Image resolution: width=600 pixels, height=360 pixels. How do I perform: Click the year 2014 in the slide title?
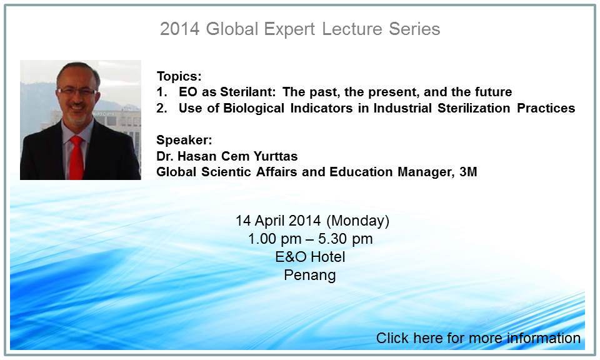(x=179, y=29)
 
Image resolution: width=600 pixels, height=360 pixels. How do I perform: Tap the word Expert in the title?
(x=289, y=29)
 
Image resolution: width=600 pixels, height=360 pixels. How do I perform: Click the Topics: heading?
(x=179, y=76)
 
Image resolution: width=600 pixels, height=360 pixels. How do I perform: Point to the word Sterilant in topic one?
(x=248, y=92)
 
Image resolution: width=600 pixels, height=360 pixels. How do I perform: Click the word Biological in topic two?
(x=254, y=108)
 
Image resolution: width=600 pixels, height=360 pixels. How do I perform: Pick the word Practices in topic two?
(x=546, y=108)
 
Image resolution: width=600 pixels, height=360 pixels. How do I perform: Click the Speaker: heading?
(x=184, y=140)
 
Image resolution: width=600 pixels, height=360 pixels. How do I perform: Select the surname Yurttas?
(x=276, y=156)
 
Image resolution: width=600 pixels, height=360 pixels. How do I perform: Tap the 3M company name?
(x=468, y=172)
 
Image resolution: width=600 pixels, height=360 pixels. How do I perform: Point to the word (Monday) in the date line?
(x=357, y=221)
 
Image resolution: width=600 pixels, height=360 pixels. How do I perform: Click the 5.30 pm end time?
(x=345, y=239)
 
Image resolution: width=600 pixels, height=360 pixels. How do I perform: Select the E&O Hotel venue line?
(x=310, y=257)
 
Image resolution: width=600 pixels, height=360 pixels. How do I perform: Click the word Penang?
(x=310, y=275)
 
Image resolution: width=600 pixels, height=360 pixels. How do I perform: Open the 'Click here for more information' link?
(x=478, y=338)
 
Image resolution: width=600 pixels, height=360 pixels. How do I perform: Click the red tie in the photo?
(x=76, y=157)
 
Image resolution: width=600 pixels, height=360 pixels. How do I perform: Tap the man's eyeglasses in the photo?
(x=77, y=92)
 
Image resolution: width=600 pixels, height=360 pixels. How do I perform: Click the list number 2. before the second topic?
(x=161, y=108)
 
